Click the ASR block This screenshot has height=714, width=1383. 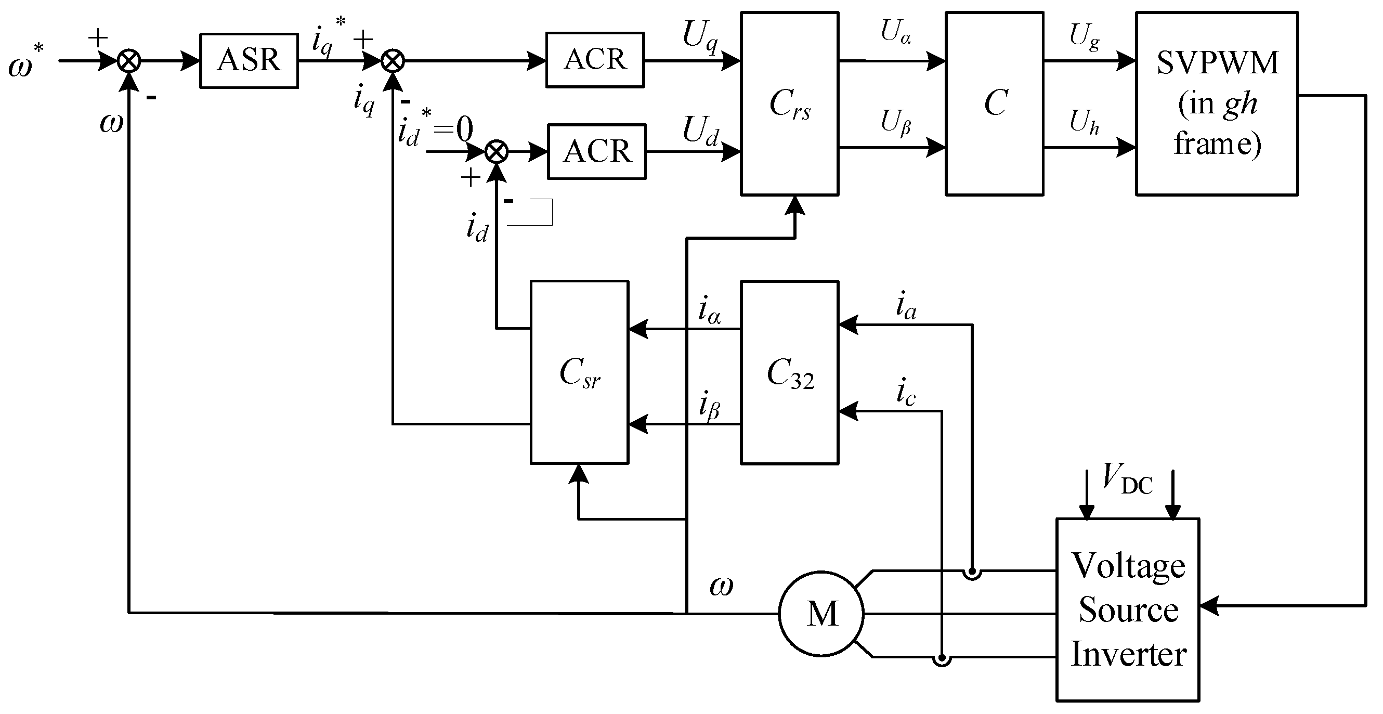(x=249, y=61)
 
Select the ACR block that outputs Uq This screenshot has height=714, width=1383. (x=595, y=60)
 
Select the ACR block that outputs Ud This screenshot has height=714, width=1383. (x=596, y=151)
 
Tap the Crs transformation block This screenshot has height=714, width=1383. (x=789, y=103)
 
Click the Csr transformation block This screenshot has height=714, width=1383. (x=579, y=372)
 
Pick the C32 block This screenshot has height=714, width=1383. (x=789, y=372)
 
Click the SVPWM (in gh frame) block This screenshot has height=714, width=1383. (x=1217, y=103)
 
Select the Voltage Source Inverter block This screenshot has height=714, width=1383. (x=1127, y=609)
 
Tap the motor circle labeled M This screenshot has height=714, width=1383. (x=821, y=613)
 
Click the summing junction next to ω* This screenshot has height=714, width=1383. (x=129, y=61)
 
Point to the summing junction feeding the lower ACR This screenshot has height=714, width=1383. (x=497, y=152)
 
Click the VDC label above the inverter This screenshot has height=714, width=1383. (x=1127, y=479)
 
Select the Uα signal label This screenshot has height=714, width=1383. (x=895, y=32)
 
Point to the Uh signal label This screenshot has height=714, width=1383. (x=1084, y=122)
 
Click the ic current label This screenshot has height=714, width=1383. (x=906, y=394)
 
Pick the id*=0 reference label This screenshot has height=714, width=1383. (x=435, y=129)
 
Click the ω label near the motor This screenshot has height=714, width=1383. (x=721, y=586)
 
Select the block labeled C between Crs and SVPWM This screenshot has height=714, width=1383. (x=994, y=103)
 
